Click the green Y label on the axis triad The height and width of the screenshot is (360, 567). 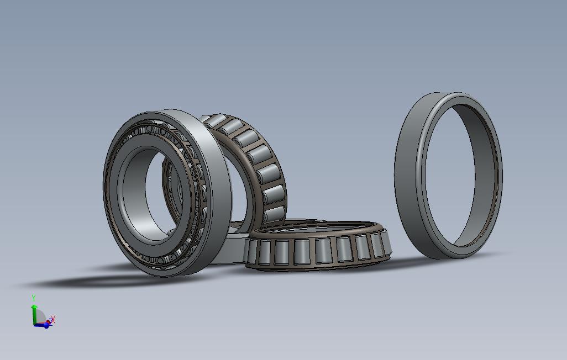(x=33, y=298)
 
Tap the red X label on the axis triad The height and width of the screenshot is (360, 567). (x=53, y=319)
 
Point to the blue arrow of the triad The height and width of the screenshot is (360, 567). (x=44, y=325)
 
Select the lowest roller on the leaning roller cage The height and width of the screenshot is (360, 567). (x=274, y=214)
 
